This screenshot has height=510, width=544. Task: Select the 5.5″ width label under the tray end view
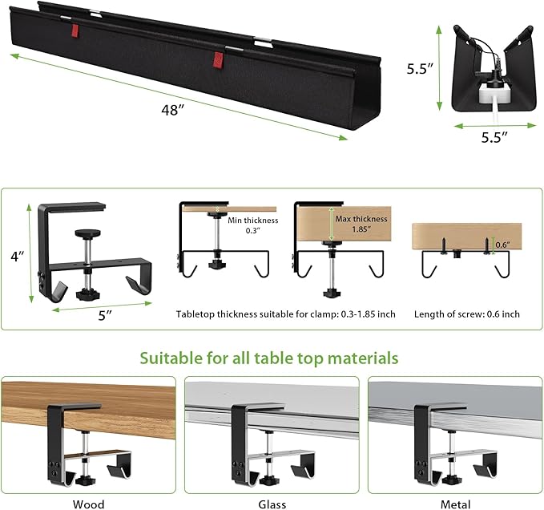(x=495, y=137)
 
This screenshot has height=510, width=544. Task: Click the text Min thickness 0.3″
(x=253, y=226)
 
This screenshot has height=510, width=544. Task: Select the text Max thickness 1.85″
(x=363, y=225)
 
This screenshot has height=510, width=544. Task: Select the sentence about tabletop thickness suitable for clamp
(x=285, y=314)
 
